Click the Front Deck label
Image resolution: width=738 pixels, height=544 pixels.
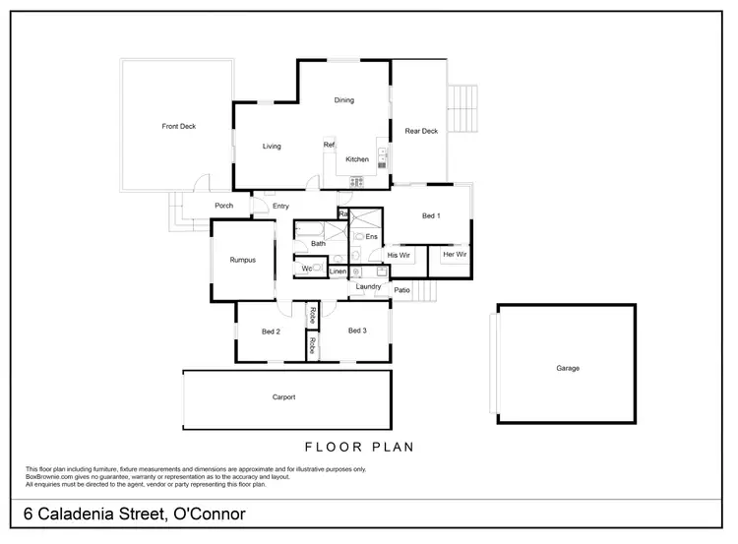[179, 126]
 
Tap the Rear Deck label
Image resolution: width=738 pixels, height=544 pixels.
[421, 131]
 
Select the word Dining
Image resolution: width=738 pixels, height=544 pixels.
[343, 100]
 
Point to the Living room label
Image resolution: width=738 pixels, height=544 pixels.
[272, 147]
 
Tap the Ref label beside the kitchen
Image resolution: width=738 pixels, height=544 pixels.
[330, 145]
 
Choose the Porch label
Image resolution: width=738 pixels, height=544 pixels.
[223, 206]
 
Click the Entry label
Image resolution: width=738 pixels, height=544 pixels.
[281, 206]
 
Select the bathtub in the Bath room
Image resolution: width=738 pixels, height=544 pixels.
[318, 232]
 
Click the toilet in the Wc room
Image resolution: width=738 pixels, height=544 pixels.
[318, 268]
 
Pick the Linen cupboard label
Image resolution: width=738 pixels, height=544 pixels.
[338, 271]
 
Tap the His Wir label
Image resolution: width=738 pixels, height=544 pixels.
[399, 255]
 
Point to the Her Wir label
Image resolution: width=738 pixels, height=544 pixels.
[455, 255]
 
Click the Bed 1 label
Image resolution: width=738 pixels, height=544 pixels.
[431, 215]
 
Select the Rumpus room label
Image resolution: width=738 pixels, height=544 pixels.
[243, 260]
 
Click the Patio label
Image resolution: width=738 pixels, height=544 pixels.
[401, 290]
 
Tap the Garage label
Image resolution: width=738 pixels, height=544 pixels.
[568, 369]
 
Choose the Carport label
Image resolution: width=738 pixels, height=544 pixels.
[283, 397]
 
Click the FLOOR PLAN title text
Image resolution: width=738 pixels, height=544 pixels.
[359, 447]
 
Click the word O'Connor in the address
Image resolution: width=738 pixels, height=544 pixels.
[209, 514]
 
